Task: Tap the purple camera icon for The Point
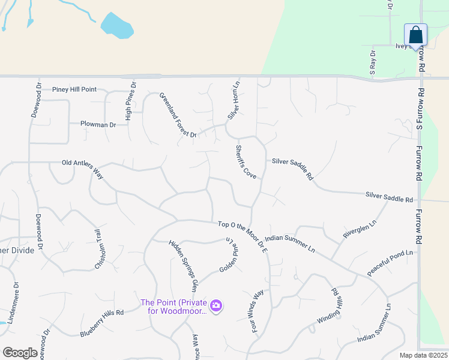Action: tap(217, 307)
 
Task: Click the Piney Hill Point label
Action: tap(74, 89)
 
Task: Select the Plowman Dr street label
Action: tap(98, 125)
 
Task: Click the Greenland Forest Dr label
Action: tap(178, 115)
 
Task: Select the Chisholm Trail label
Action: tap(97, 249)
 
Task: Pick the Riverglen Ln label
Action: tap(360, 229)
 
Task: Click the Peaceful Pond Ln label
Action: tap(390, 263)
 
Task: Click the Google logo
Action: tap(20, 353)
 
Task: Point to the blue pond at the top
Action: tap(116, 25)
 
